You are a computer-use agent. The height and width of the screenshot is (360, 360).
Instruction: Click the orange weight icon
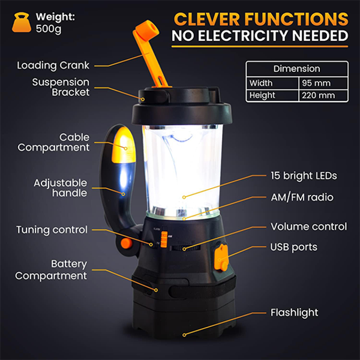[x=22, y=22]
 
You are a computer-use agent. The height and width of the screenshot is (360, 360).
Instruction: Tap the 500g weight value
[x=49, y=29]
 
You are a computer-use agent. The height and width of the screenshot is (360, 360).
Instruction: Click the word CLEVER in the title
[x=207, y=19]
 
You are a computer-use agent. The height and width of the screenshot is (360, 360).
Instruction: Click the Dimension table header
[x=297, y=68]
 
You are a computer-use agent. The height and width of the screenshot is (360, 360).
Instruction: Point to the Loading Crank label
[x=53, y=65]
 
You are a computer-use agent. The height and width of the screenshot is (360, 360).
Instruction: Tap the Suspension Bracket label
[x=61, y=87]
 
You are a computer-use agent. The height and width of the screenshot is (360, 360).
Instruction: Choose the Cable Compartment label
[x=54, y=142]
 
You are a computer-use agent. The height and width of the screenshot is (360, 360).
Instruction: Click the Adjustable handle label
[x=61, y=188]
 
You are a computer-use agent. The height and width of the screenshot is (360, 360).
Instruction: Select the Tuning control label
[x=52, y=230]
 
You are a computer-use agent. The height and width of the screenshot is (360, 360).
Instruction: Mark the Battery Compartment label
[x=51, y=270]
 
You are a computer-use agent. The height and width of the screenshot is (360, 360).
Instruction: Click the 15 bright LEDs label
[x=304, y=176]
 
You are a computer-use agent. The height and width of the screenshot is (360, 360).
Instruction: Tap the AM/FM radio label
[x=302, y=197]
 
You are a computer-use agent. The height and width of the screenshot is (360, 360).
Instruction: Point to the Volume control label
[x=309, y=227]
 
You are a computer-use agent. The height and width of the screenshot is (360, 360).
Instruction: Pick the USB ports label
[x=294, y=247]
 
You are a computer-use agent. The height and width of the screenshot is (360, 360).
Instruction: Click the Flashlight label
[x=295, y=313]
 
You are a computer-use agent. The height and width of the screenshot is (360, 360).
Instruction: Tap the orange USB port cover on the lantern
[x=221, y=257]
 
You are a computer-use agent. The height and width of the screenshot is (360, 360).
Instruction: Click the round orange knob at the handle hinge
[x=127, y=244]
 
